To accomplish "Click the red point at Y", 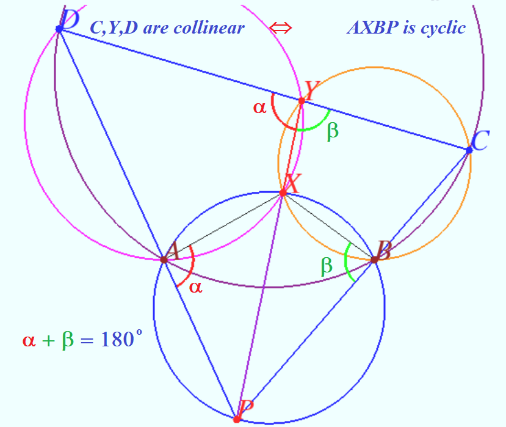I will (302, 100).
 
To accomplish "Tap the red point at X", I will (283, 193).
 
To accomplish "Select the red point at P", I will (237, 419).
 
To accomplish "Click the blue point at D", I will (59, 29).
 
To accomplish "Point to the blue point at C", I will (469, 150).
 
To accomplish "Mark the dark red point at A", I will (164, 260).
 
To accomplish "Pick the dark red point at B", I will (374, 260).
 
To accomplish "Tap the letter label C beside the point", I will (480, 142).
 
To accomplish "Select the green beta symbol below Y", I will (333, 131).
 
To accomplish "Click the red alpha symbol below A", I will (196, 286).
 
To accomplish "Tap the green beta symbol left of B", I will (327, 265).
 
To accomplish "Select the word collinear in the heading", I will (209, 27).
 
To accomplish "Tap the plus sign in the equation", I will (48, 340).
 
